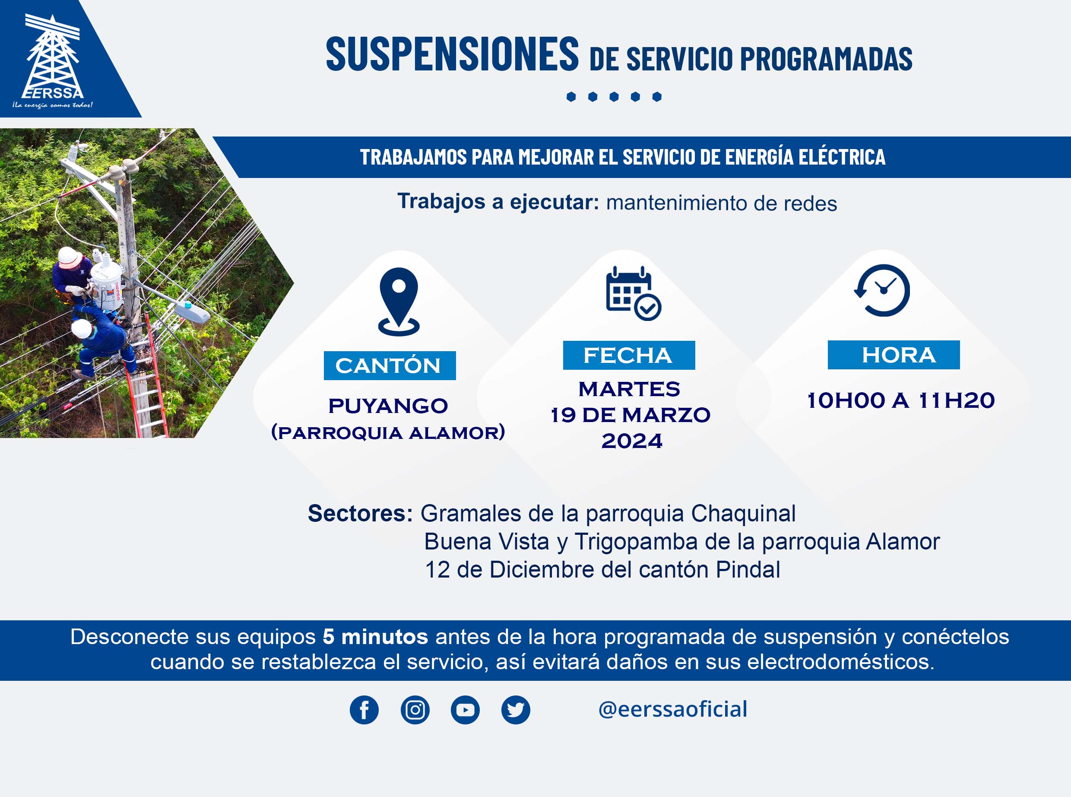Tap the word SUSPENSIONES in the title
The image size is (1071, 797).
click(x=452, y=54)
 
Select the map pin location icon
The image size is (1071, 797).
click(x=399, y=302)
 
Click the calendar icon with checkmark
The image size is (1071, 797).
click(x=633, y=293)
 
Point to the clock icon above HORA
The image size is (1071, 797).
click(x=882, y=290)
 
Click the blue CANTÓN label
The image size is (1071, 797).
click(x=390, y=366)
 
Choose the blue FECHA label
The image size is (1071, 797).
click(x=629, y=356)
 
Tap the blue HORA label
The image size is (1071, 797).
click(x=894, y=355)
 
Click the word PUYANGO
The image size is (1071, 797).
click(x=388, y=406)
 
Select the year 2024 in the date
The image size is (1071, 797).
click(x=632, y=441)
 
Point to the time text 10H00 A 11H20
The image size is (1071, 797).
click(x=901, y=400)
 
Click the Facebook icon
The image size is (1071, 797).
click(x=364, y=710)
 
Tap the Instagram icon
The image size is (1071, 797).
click(x=415, y=710)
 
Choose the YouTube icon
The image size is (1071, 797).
click(x=465, y=710)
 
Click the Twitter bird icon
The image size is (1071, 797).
click(x=516, y=710)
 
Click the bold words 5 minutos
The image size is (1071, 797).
click(x=375, y=637)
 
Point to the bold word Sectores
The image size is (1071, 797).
click(x=360, y=513)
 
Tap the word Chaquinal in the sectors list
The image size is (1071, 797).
click(x=743, y=514)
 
